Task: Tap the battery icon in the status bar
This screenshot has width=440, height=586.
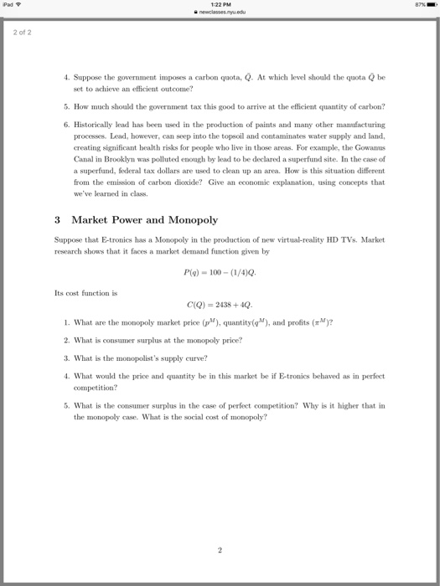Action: click(x=427, y=5)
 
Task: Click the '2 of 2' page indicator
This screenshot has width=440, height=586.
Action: click(x=21, y=33)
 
